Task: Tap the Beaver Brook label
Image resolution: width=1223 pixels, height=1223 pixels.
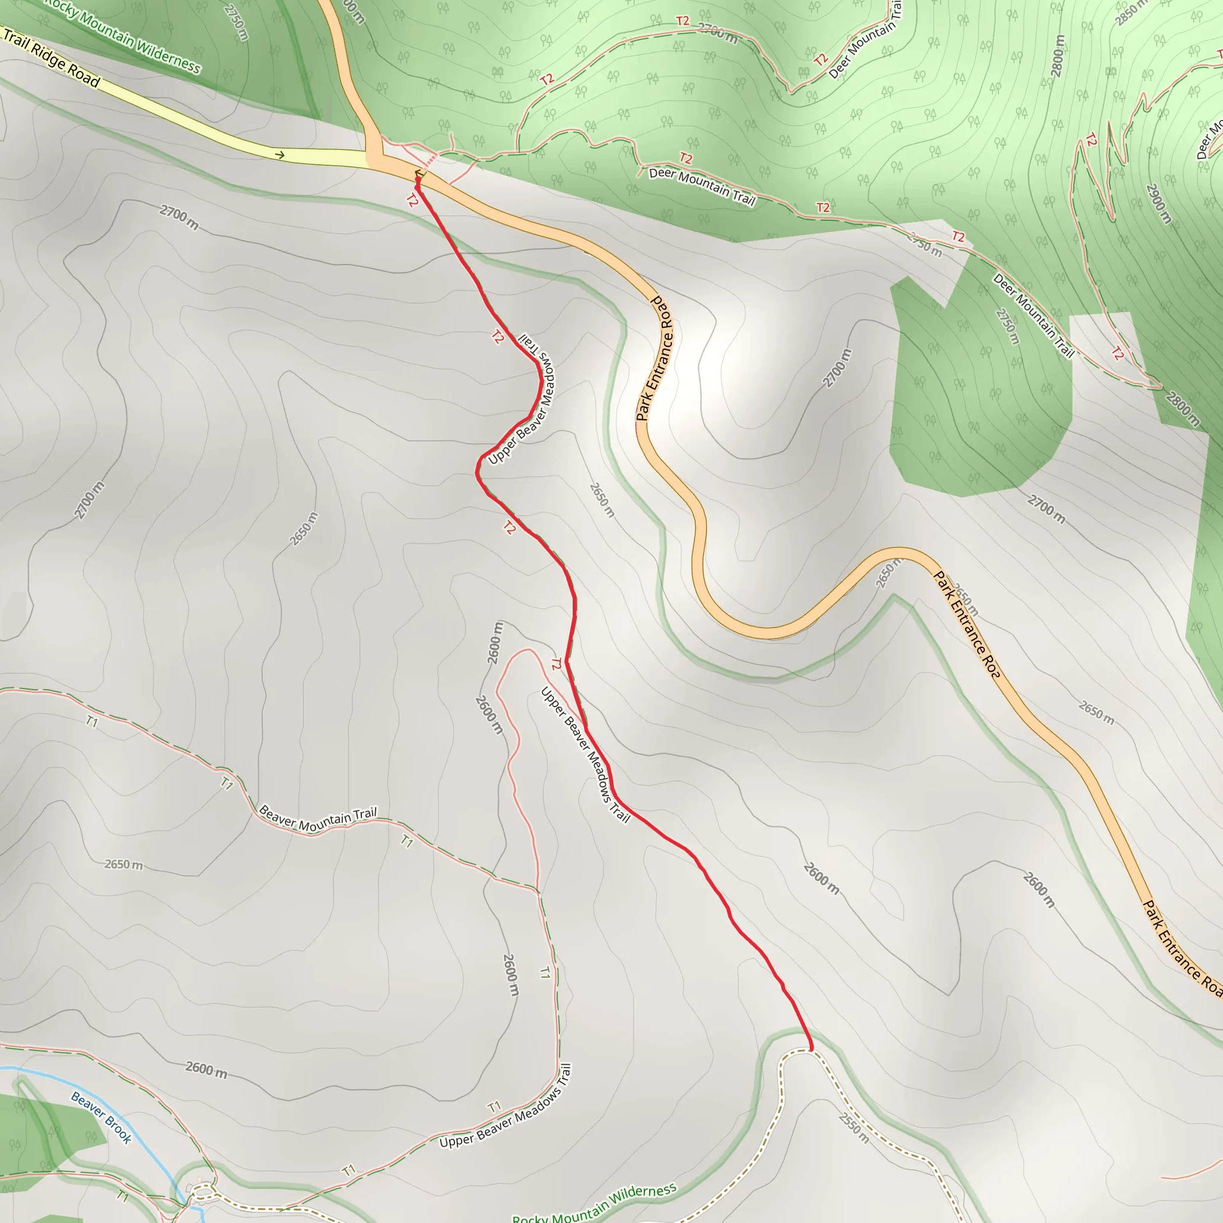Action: click(x=102, y=1118)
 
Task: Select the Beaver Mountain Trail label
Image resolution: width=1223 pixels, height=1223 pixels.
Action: click(x=318, y=819)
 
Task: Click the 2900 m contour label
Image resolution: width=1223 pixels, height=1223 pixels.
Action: click(x=1159, y=203)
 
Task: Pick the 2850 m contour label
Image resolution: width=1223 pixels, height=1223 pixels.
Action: click(x=1130, y=13)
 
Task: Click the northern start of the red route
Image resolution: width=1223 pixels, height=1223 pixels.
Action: click(x=418, y=180)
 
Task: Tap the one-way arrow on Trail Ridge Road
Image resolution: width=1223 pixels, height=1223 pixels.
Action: click(x=279, y=155)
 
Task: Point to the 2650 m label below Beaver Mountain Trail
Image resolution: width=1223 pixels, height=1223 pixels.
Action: click(x=124, y=864)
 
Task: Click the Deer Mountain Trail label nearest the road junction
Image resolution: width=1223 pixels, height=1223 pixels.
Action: click(x=702, y=186)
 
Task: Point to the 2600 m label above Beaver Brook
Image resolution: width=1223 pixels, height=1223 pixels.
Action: click(x=207, y=1069)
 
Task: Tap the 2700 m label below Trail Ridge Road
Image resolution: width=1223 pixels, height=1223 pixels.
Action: click(x=179, y=217)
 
